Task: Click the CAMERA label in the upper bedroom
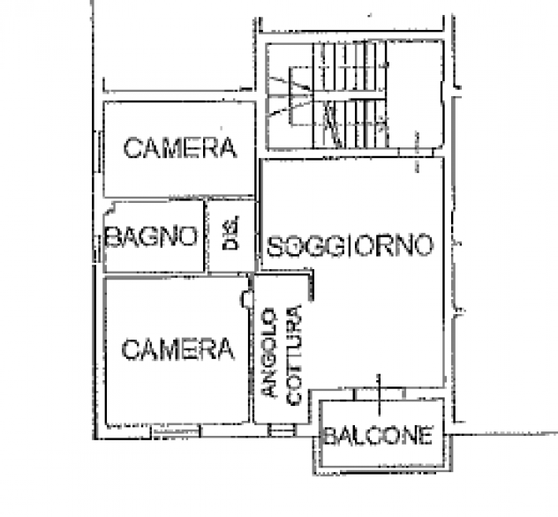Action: [x=180, y=148]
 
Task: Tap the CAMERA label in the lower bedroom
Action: [x=178, y=349]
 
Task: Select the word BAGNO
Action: [x=151, y=236]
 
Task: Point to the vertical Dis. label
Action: [x=231, y=233]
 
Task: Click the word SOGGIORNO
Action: [x=351, y=245]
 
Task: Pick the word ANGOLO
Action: [x=268, y=353]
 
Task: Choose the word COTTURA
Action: [x=294, y=355]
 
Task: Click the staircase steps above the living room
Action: [x=350, y=95]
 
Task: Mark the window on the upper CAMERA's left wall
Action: [x=100, y=152]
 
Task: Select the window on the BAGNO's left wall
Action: [x=96, y=249]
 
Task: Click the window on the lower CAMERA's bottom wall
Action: [x=177, y=431]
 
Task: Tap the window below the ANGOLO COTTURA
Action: [x=282, y=431]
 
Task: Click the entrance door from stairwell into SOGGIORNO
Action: [x=416, y=153]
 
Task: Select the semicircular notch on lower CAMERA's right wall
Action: [x=245, y=299]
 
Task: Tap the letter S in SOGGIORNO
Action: [x=275, y=246]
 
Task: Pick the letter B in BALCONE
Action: [x=330, y=436]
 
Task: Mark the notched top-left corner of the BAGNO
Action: [x=109, y=209]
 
